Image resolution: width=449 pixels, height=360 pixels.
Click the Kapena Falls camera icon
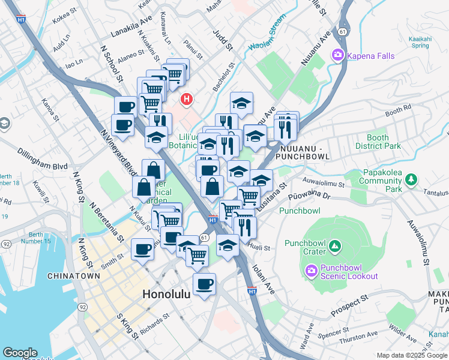pos(337,56)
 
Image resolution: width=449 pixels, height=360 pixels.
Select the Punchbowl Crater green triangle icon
pos(335,245)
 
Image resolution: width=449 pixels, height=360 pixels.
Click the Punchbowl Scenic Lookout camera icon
pos(312,271)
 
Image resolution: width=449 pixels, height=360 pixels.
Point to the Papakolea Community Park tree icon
pos(411,179)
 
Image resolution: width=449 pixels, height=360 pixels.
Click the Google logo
pos(19,353)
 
